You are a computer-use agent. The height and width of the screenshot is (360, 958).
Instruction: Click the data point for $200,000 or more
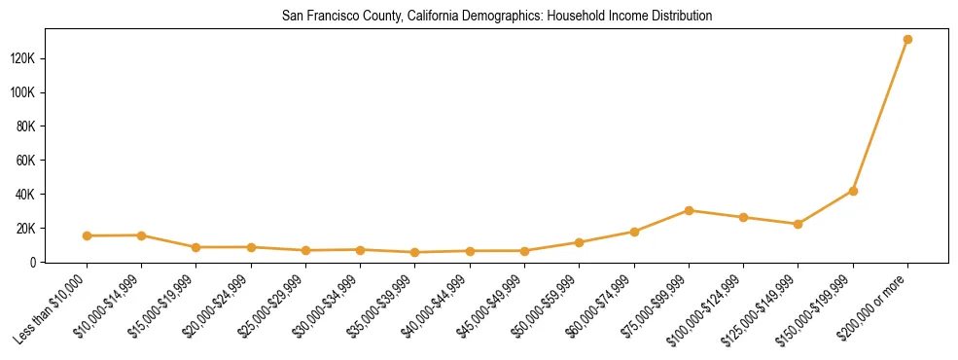907,40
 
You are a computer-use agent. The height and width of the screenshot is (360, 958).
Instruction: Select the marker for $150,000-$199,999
853,191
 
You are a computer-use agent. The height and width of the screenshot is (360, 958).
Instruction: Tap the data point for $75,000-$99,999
689,210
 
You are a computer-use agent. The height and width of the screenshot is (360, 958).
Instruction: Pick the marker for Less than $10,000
87,235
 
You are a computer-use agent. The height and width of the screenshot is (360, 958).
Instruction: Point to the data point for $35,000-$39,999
415,252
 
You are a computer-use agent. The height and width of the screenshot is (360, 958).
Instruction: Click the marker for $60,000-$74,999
634,232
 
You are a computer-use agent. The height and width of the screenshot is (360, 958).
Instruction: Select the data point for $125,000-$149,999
798,224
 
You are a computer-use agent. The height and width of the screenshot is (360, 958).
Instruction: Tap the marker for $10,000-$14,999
141,234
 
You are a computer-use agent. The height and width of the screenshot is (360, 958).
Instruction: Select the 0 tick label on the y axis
60,262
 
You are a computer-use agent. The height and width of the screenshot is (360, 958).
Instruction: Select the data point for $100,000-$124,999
743,217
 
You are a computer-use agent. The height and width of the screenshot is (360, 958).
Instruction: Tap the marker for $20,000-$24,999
251,247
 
